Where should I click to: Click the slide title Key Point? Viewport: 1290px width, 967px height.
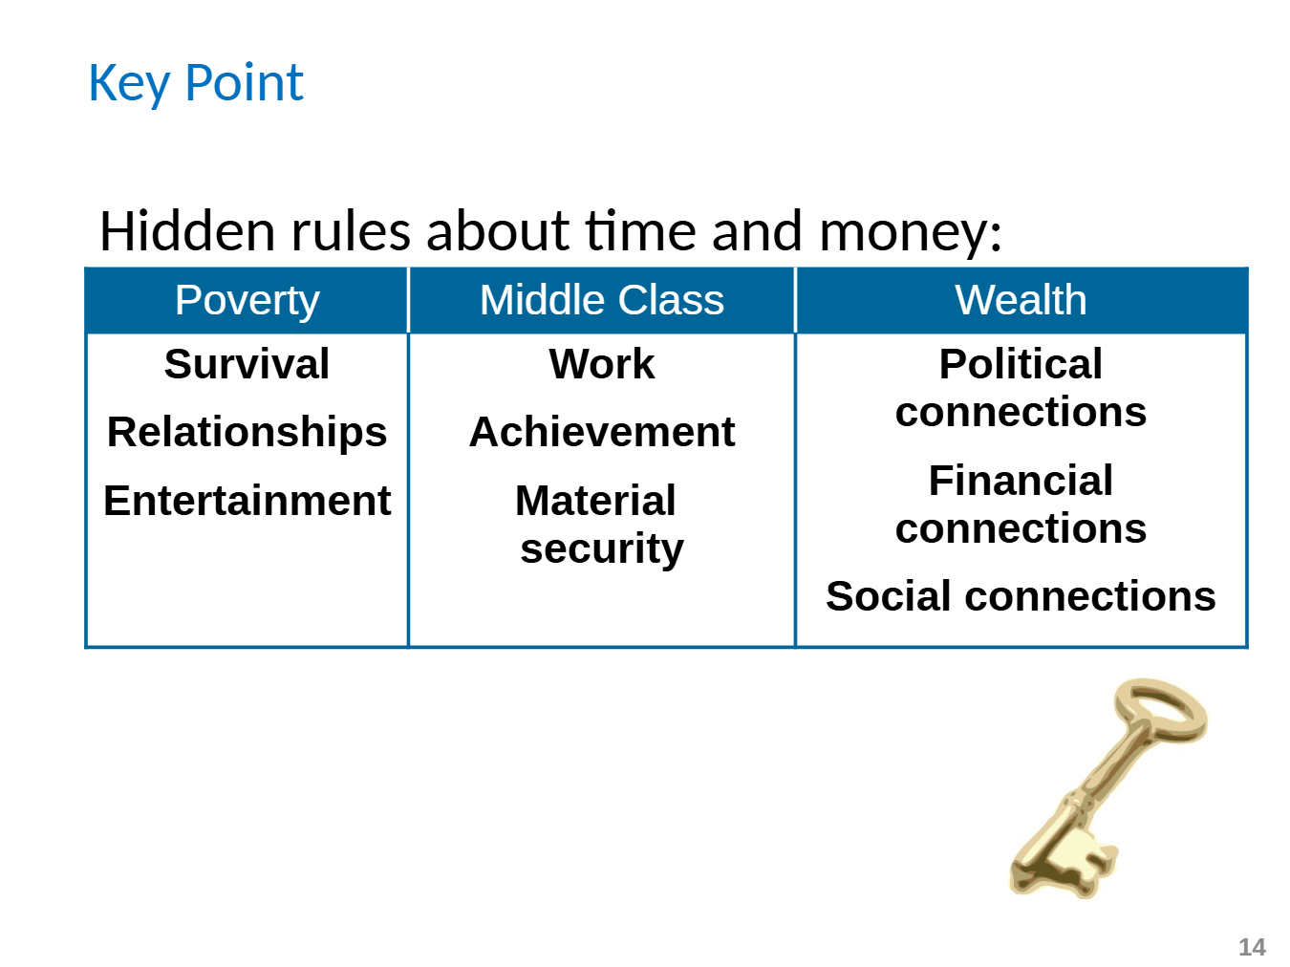coord(196,83)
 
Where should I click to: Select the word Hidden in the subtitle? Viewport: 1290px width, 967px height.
coord(187,231)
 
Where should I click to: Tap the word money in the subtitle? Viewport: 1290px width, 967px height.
coord(909,234)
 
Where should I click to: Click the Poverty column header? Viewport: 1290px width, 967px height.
coord(247,300)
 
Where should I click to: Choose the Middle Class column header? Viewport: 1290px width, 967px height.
coord(602,300)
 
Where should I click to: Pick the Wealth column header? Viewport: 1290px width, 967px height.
coord(1021,300)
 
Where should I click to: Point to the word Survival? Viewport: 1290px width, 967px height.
coord(247,364)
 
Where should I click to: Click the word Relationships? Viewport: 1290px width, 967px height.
coord(247,433)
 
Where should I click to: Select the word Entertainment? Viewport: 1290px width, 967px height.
coord(247,501)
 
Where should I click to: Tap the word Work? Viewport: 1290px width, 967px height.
coord(602,364)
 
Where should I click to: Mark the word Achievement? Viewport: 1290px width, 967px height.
coord(602,432)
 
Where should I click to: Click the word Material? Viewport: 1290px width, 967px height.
coord(595,501)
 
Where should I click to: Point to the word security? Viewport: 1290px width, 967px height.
coord(602,548)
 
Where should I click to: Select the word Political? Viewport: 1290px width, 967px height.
coord(1021,364)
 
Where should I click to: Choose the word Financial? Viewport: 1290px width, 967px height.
coord(1021,480)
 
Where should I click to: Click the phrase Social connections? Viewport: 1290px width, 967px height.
coord(1021,595)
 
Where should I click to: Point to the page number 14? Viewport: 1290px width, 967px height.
coord(1252,947)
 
